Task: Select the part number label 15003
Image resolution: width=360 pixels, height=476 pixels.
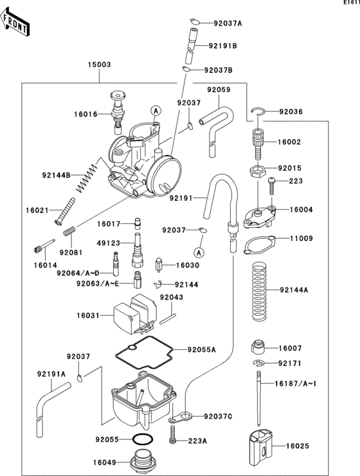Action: (x=99, y=65)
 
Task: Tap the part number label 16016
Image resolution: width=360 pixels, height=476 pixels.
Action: (x=85, y=114)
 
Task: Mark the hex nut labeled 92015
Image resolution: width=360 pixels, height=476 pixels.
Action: (x=255, y=171)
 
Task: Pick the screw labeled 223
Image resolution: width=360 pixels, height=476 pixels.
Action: (x=272, y=187)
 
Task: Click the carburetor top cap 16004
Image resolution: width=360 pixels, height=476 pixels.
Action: (x=259, y=217)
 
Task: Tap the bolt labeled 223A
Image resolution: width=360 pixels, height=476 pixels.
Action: (x=174, y=441)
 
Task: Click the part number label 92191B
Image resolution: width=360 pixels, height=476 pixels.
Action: (x=222, y=46)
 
